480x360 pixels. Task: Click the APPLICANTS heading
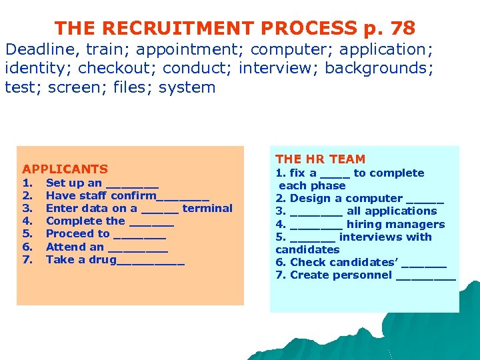pyautogui.click(x=65, y=169)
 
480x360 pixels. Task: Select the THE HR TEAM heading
pyautogui.click(x=320, y=159)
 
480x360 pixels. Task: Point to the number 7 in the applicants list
pyautogui.click(x=27, y=259)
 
